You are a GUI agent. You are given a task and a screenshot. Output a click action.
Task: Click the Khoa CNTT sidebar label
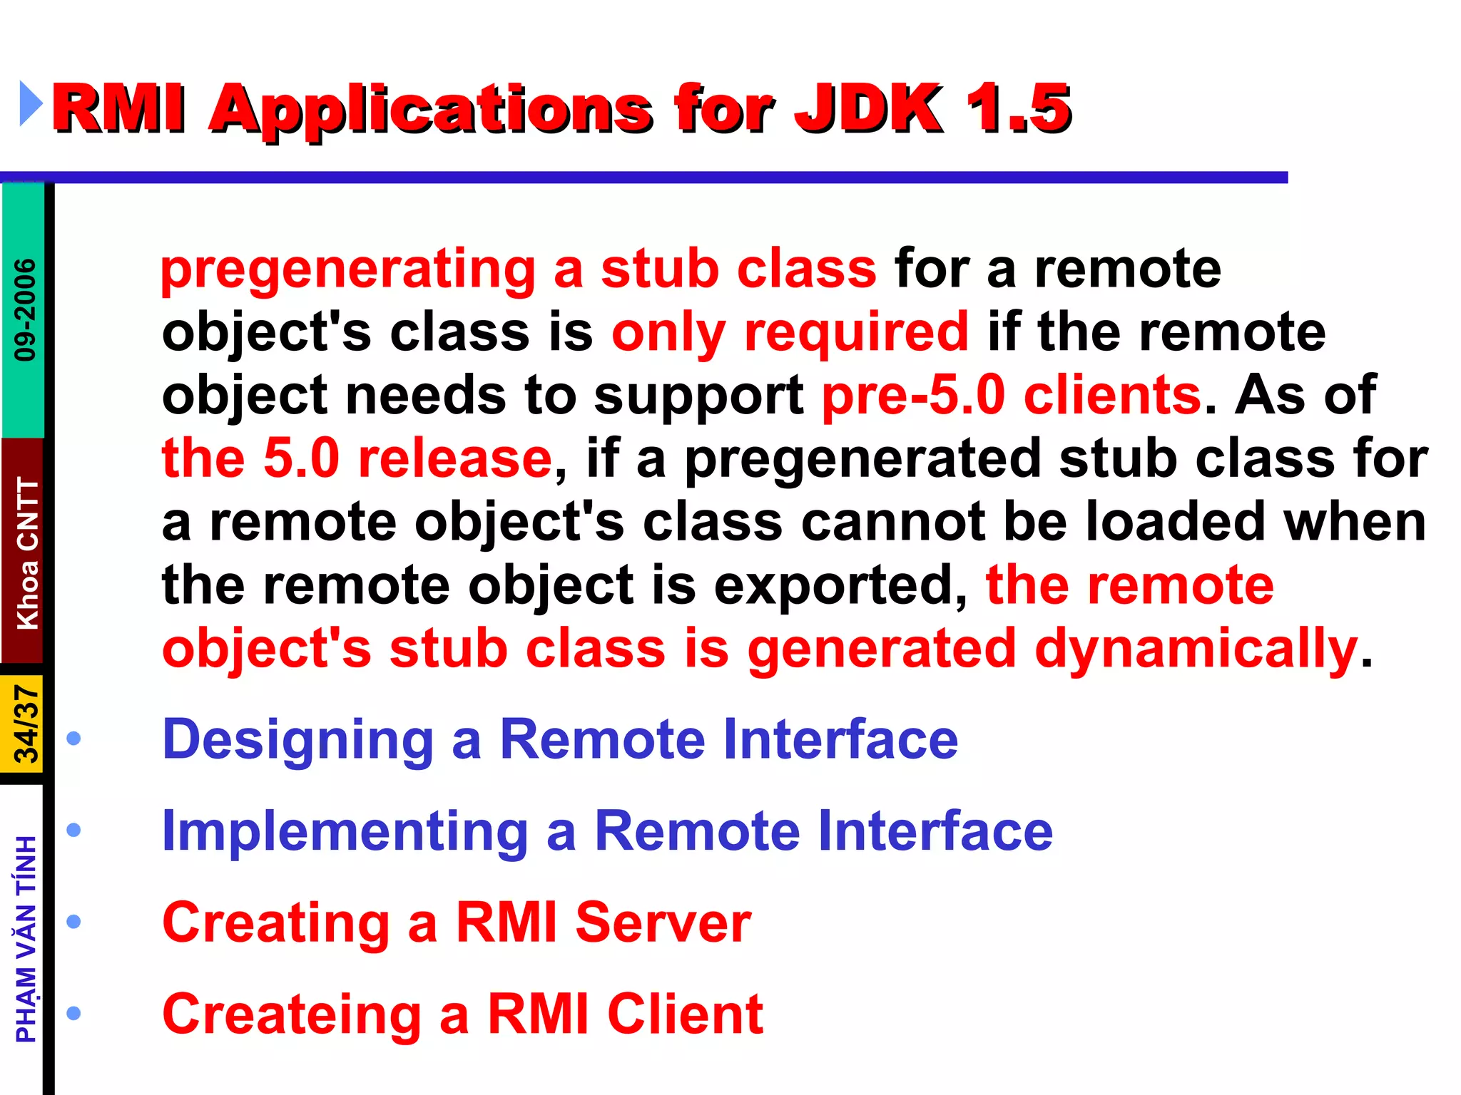(x=27, y=553)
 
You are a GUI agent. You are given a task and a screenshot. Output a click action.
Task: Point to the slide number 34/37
(x=26, y=724)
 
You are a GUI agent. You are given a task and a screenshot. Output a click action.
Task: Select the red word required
(x=856, y=333)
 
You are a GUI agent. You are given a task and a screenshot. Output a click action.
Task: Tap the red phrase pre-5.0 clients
(x=1012, y=396)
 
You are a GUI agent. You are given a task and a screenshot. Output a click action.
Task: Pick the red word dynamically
(x=1196, y=649)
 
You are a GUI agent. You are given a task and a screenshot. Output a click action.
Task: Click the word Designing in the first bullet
(x=297, y=740)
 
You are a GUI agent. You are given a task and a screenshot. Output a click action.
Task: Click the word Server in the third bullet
(x=663, y=922)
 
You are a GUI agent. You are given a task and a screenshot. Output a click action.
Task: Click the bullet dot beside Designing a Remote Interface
(x=73, y=739)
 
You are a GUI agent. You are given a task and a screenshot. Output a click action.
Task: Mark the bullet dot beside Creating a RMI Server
(x=73, y=922)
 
